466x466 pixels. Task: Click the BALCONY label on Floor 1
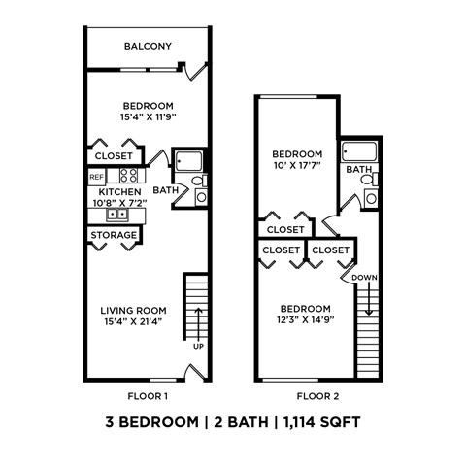148,46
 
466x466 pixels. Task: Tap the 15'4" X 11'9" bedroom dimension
148,117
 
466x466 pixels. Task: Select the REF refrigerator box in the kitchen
96,177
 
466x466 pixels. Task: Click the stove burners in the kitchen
127,176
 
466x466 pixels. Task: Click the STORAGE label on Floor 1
114,235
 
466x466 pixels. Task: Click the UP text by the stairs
197,346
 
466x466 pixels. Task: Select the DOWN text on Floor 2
365,277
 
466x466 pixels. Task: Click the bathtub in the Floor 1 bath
188,161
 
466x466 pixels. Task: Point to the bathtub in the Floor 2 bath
357,152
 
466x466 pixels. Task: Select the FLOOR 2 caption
317,395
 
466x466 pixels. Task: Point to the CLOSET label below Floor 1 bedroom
114,155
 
